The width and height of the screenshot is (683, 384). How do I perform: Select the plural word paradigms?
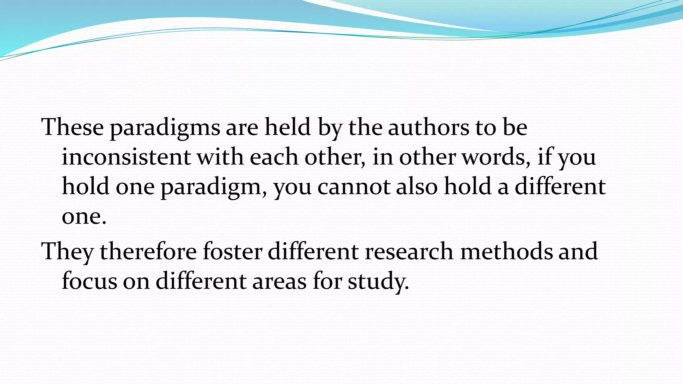click(165, 128)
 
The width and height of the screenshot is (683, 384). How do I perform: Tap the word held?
click(287, 127)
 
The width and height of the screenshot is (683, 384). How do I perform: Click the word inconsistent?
click(126, 157)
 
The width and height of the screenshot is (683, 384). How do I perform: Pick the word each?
click(274, 157)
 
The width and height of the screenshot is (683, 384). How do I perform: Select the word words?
click(496, 157)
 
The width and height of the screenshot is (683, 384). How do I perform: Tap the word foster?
click(232, 251)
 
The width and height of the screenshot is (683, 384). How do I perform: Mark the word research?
click(409, 251)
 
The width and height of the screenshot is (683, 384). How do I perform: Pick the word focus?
click(89, 281)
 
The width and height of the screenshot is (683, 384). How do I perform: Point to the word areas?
click(279, 281)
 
